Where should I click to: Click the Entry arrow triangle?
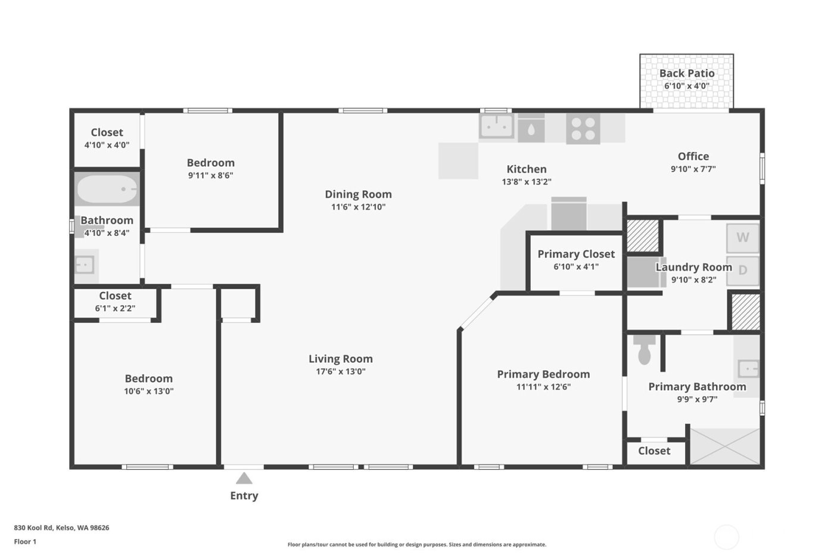click(244, 478)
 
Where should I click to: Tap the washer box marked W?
click(742, 238)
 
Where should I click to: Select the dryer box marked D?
click(742, 271)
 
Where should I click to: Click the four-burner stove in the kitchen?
click(583, 128)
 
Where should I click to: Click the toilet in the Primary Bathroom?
click(644, 350)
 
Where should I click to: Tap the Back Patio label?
click(686, 73)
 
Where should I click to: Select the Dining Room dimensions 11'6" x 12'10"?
click(358, 207)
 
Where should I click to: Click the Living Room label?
click(340, 359)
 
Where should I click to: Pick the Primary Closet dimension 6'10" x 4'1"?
click(575, 267)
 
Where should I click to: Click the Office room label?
click(693, 156)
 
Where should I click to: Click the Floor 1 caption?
click(25, 542)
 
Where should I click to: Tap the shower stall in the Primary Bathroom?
click(725, 446)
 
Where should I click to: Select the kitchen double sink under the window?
click(497, 126)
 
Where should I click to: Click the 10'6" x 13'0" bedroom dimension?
click(148, 392)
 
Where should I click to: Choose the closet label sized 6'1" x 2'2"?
click(115, 296)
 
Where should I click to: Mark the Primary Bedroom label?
click(543, 374)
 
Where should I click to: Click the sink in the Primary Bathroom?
click(748, 368)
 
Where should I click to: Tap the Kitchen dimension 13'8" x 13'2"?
click(526, 182)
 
